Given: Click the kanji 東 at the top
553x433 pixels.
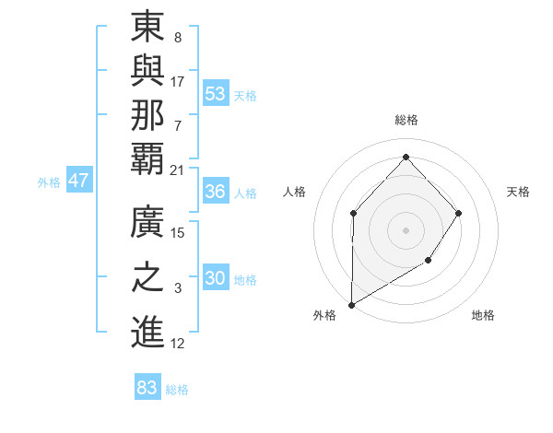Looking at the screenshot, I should [x=147, y=29].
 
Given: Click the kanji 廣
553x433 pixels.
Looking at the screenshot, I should [x=147, y=223].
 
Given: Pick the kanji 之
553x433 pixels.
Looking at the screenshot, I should [x=147, y=278].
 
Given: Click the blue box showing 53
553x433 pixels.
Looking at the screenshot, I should [x=216, y=94].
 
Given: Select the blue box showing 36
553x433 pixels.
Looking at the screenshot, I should [x=216, y=192].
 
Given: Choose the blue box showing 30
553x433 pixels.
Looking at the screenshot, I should [x=216, y=279].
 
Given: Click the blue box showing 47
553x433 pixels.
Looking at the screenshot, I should [x=78, y=181].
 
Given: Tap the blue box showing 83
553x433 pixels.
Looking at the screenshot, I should [x=147, y=388].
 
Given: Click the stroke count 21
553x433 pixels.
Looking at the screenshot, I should [x=178, y=170].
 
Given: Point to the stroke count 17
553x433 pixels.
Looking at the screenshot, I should [x=178, y=81].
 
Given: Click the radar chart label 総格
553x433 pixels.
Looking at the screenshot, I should [x=406, y=120].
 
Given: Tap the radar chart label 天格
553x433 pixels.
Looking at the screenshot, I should [x=519, y=192].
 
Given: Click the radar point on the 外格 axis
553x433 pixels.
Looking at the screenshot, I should [x=351, y=304].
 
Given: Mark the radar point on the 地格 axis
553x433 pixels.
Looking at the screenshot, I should [x=428, y=262].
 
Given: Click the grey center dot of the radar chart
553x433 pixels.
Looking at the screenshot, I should [x=406, y=230].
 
